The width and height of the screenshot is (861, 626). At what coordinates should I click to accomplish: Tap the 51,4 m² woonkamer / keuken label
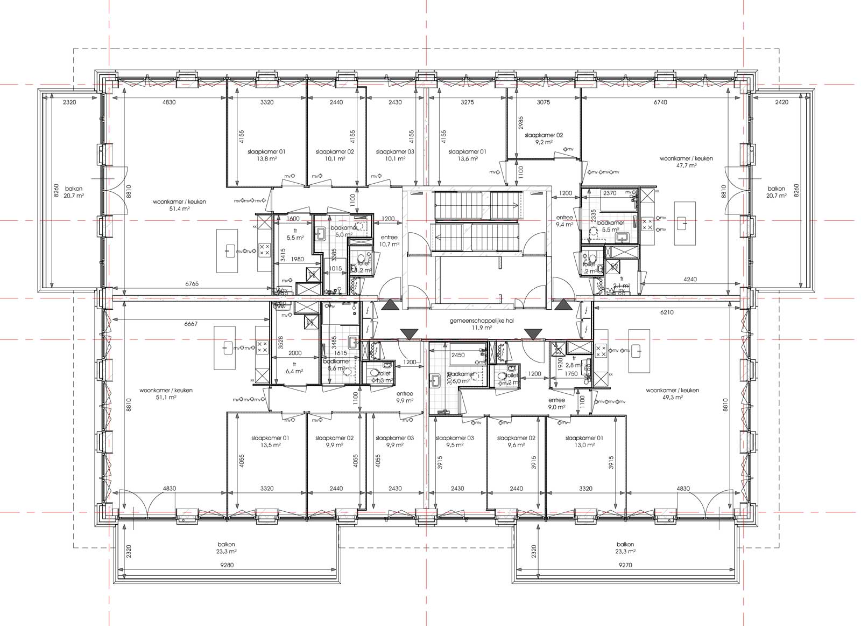[179, 205]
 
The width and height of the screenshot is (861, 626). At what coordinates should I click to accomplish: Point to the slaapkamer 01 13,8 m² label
[266, 155]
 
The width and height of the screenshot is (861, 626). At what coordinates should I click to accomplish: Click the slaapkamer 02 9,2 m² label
[544, 139]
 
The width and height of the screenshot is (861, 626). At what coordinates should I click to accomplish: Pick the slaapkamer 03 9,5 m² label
[455, 441]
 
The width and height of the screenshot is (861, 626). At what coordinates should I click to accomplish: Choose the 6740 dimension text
[660, 102]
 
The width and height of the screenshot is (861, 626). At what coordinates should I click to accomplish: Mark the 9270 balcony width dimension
[625, 566]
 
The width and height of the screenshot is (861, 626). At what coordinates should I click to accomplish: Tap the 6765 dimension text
[192, 283]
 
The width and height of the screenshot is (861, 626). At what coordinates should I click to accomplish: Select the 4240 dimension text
[690, 279]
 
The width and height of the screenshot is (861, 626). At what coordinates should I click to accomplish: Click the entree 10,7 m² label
[389, 241]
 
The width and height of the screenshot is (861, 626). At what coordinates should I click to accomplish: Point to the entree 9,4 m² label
[564, 221]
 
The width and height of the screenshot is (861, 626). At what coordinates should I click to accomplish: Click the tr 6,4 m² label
[294, 367]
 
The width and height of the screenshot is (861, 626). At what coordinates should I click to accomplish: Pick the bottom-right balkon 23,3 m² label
[625, 548]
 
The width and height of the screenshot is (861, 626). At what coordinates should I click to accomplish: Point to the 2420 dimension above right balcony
[781, 102]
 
